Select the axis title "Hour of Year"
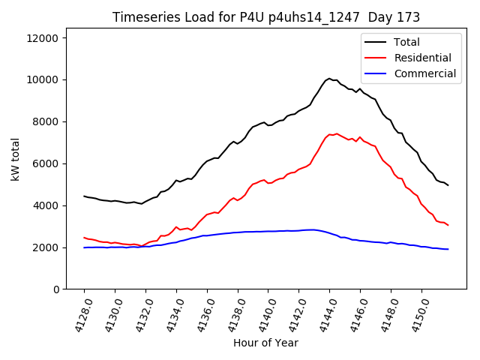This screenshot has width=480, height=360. click(x=265, y=343)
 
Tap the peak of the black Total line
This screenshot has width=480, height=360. click(x=328, y=78)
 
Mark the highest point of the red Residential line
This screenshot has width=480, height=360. click(x=336, y=133)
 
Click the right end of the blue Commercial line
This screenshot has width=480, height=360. click(x=448, y=249)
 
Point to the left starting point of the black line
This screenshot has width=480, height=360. click(x=84, y=196)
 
